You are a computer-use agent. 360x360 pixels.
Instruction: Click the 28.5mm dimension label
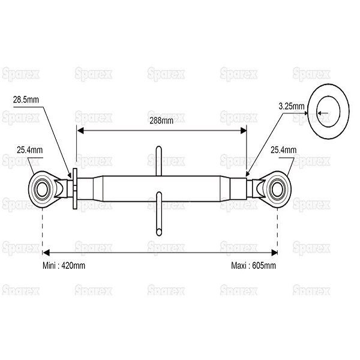coord(26,100)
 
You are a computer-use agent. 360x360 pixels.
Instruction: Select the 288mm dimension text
coord(161,121)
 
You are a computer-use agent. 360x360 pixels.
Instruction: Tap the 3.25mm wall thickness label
coord(292,106)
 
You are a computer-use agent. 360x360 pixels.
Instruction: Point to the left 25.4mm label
coord(29,150)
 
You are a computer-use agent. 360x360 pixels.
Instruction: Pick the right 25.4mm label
coord(284,150)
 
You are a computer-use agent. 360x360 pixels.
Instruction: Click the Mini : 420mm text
coord(64,266)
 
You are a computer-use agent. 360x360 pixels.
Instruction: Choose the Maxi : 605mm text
coord(253,266)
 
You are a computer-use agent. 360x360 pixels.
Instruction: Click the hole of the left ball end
coord(42,190)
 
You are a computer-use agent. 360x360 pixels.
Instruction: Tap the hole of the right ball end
coord(277,190)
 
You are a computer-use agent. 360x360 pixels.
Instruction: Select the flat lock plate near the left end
coord(75,189)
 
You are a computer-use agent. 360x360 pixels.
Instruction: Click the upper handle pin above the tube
coord(158,161)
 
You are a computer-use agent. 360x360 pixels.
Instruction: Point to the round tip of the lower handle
coord(158,232)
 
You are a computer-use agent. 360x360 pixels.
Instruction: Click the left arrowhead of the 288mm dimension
coord(80,131)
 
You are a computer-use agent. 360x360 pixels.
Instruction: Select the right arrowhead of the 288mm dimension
coord(244,131)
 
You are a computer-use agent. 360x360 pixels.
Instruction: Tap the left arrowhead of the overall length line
coord(46,253)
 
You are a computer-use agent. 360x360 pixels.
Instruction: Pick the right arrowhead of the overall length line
coord(274,253)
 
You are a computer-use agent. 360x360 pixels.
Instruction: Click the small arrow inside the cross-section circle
coord(323,113)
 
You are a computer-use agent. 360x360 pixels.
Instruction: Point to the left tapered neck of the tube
coord(98,189)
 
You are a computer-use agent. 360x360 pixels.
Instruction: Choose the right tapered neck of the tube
coord(225,189)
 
